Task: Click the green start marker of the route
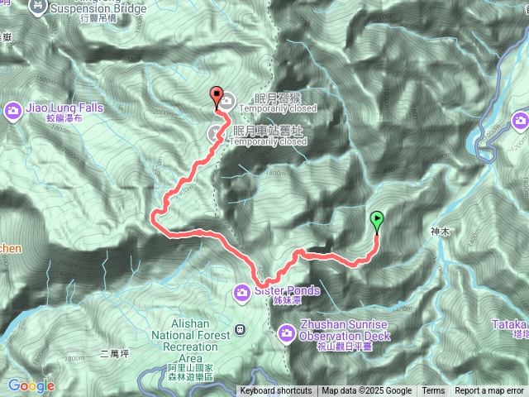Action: pyautogui.click(x=378, y=219)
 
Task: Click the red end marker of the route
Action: pyautogui.click(x=217, y=94)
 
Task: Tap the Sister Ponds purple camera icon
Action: pyautogui.click(x=242, y=290)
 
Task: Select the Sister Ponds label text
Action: pyautogui.click(x=287, y=290)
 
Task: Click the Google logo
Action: pyautogui.click(x=31, y=385)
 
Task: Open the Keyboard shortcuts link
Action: pyautogui.click(x=276, y=391)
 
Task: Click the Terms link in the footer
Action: pyautogui.click(x=433, y=391)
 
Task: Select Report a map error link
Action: pyautogui.click(x=489, y=391)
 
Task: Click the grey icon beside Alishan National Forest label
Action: pyautogui.click(x=240, y=329)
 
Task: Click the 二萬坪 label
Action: pyautogui.click(x=115, y=353)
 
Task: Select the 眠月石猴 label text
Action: pyautogui.click(x=279, y=98)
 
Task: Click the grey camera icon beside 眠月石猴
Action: pyautogui.click(x=226, y=102)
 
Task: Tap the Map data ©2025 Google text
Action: pyautogui.click(x=367, y=391)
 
